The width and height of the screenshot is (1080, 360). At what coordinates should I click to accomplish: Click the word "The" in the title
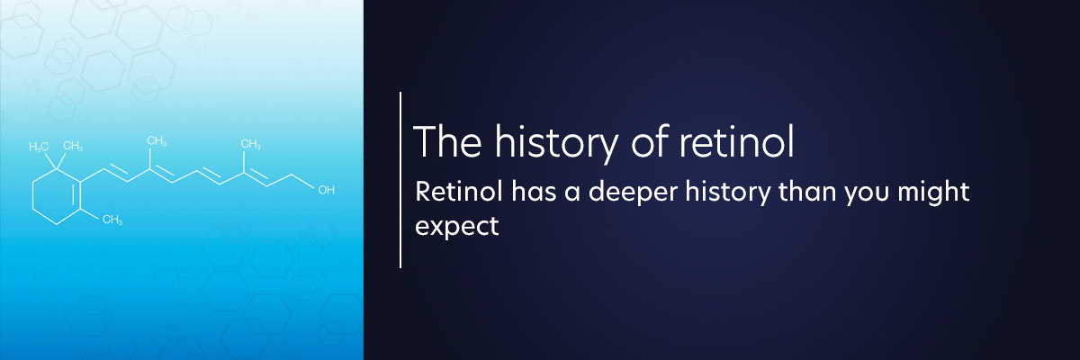[x=447, y=141]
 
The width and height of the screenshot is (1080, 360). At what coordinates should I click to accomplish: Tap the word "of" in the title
[x=650, y=141]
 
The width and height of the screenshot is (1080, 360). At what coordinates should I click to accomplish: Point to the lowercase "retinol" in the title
[x=737, y=141]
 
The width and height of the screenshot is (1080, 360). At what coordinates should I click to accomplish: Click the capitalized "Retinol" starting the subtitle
[x=458, y=192]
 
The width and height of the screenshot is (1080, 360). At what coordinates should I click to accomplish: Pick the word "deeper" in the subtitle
[x=633, y=193]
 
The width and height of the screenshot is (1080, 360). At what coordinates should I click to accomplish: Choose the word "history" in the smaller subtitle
[x=728, y=193]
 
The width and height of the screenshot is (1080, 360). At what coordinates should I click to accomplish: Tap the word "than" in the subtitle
[x=807, y=192]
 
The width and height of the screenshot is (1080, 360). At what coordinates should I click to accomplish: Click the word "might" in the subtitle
[x=933, y=193]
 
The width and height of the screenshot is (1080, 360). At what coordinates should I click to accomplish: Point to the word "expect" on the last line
[x=456, y=227]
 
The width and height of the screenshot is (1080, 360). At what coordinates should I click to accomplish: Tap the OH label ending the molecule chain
[x=327, y=190]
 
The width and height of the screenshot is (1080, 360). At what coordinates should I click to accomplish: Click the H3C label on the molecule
[x=39, y=147]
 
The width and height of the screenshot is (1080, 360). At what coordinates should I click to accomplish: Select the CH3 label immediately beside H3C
[x=73, y=146]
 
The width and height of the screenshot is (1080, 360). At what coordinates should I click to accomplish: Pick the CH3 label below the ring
[x=112, y=220]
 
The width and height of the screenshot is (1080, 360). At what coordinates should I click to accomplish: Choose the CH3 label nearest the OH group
[x=250, y=144]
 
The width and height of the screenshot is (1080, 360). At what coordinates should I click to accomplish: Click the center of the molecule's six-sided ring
[x=57, y=196]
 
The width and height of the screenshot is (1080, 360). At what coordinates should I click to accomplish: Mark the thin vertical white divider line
[x=400, y=180]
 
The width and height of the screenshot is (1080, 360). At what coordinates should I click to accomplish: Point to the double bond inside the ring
[x=74, y=195]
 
